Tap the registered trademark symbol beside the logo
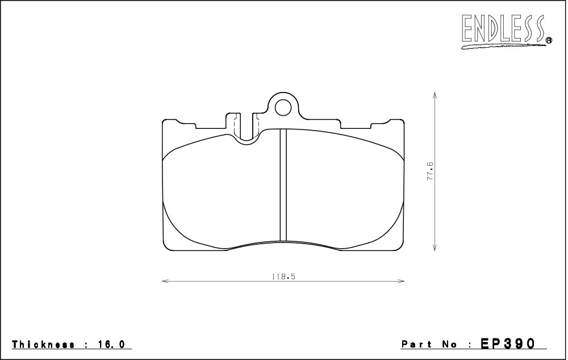click(x=549, y=40)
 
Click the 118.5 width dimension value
click(x=283, y=277)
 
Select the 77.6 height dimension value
click(x=429, y=171)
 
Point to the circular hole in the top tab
click(x=282, y=107)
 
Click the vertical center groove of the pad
click(x=283, y=185)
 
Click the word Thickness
click(x=44, y=344)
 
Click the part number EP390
click(x=507, y=344)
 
